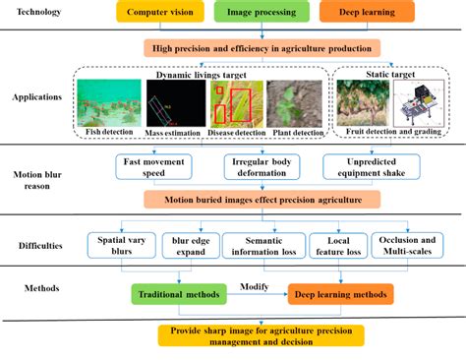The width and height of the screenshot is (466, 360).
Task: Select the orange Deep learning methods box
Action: point(340,292)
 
